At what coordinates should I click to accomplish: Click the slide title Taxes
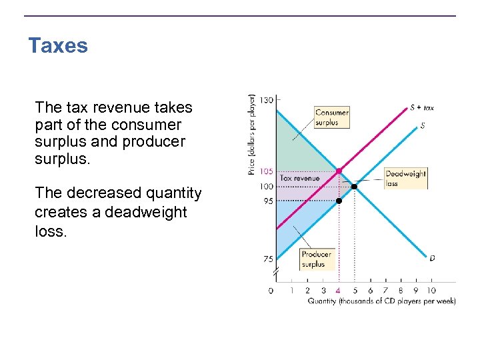click(x=58, y=46)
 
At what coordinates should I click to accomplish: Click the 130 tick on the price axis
click(x=266, y=100)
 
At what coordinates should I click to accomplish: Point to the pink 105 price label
click(x=266, y=171)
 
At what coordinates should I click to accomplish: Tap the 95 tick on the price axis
click(x=267, y=201)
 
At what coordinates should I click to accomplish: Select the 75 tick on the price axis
click(x=267, y=259)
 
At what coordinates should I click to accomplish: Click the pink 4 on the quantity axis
click(x=339, y=291)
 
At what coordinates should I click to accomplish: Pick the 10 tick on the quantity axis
click(x=431, y=291)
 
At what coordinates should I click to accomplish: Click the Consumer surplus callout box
click(x=331, y=117)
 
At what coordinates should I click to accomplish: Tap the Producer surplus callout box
click(x=316, y=259)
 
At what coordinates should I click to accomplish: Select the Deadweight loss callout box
click(x=405, y=178)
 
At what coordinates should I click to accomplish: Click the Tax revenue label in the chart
click(x=299, y=178)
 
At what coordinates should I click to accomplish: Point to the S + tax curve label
click(x=421, y=107)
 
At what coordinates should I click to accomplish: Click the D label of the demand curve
click(x=432, y=257)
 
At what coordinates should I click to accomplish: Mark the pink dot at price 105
click(x=339, y=171)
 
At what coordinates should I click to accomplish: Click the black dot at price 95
click(x=339, y=201)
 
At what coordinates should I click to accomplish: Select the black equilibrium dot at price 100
click(x=354, y=186)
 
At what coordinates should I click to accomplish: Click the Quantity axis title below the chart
click(x=381, y=301)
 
